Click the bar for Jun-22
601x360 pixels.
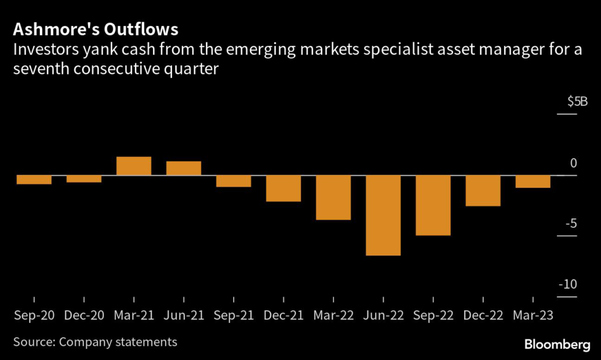(x=383, y=216)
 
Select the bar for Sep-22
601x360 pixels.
(x=433, y=206)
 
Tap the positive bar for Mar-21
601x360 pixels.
(x=134, y=166)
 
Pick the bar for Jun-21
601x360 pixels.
(x=184, y=169)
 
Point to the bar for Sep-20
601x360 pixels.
(x=34, y=180)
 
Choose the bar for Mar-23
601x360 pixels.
(x=533, y=181)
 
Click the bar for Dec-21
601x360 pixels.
(x=283, y=189)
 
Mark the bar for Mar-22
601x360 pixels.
(x=333, y=197)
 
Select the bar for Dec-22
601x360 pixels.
(x=483, y=191)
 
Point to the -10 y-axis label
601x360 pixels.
(x=569, y=284)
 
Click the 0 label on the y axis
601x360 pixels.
(x=574, y=163)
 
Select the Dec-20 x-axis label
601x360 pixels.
(x=84, y=315)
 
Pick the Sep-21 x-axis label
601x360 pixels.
(x=234, y=315)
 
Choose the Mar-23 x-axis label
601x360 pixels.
(x=533, y=315)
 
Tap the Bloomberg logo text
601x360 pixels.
(x=558, y=342)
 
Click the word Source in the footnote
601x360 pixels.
(x=34, y=341)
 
